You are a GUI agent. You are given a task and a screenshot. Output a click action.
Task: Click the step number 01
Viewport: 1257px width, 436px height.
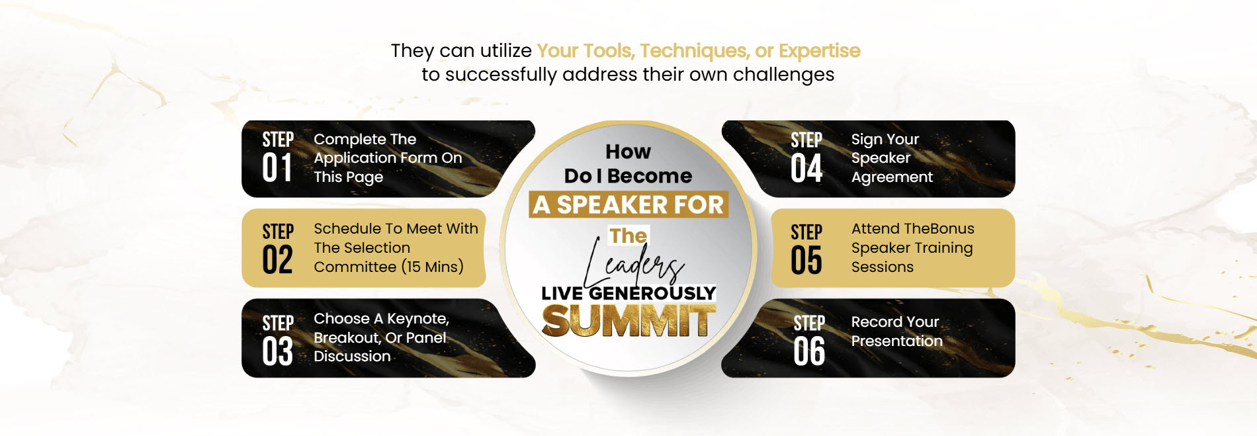point(277,168)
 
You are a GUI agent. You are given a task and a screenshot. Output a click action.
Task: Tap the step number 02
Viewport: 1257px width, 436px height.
point(277,259)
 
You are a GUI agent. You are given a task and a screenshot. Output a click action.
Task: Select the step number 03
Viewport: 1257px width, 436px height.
point(277,351)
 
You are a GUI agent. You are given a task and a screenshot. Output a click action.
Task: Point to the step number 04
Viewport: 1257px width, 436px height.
point(806,168)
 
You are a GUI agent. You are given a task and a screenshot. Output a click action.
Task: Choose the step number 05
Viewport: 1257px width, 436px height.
point(806,260)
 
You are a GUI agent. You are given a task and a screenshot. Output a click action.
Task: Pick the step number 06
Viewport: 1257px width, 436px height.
point(809,351)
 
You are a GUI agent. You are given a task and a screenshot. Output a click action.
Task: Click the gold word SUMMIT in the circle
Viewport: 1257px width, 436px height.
point(628,321)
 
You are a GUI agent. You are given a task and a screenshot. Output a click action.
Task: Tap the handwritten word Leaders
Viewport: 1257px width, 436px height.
point(633,263)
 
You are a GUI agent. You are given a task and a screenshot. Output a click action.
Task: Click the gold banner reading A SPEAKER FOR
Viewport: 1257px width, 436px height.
point(628,204)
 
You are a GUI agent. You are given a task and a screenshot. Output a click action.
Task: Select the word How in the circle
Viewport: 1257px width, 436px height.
point(628,152)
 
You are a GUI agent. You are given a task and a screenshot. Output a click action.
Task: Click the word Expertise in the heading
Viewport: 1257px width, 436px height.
point(820,51)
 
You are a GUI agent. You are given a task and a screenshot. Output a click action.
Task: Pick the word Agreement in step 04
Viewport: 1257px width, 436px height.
point(892,178)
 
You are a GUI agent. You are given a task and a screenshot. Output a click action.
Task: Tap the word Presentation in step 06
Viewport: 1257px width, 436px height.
point(897,341)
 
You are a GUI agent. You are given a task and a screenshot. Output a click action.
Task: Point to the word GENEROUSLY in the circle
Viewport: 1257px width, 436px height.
point(652,293)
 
